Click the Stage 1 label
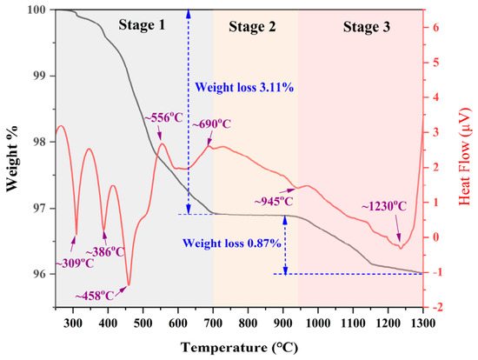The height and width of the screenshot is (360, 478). click(x=142, y=24)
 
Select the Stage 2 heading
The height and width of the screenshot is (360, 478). click(x=252, y=27)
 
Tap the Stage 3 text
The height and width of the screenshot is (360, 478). click(x=367, y=27)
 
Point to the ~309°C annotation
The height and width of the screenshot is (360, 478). click(x=75, y=263)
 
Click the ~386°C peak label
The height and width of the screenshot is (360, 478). click(x=105, y=252)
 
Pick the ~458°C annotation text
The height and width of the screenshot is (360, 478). click(x=95, y=296)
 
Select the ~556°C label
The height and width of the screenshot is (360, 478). click(x=163, y=117)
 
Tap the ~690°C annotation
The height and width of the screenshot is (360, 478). click(x=211, y=123)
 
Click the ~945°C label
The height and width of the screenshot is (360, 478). click(x=274, y=201)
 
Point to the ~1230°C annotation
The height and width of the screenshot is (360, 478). click(x=384, y=207)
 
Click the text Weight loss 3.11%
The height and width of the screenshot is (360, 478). click(x=244, y=88)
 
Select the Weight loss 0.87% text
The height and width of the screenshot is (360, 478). click(x=232, y=243)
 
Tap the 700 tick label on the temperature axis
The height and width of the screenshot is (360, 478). click(x=213, y=323)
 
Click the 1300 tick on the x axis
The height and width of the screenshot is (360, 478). click(x=423, y=323)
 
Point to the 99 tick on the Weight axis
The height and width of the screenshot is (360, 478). click(x=39, y=76)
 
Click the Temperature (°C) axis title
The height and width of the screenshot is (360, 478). click(x=239, y=348)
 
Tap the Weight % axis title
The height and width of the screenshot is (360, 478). click(x=12, y=158)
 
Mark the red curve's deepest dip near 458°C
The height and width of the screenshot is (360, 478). click(x=129, y=284)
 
